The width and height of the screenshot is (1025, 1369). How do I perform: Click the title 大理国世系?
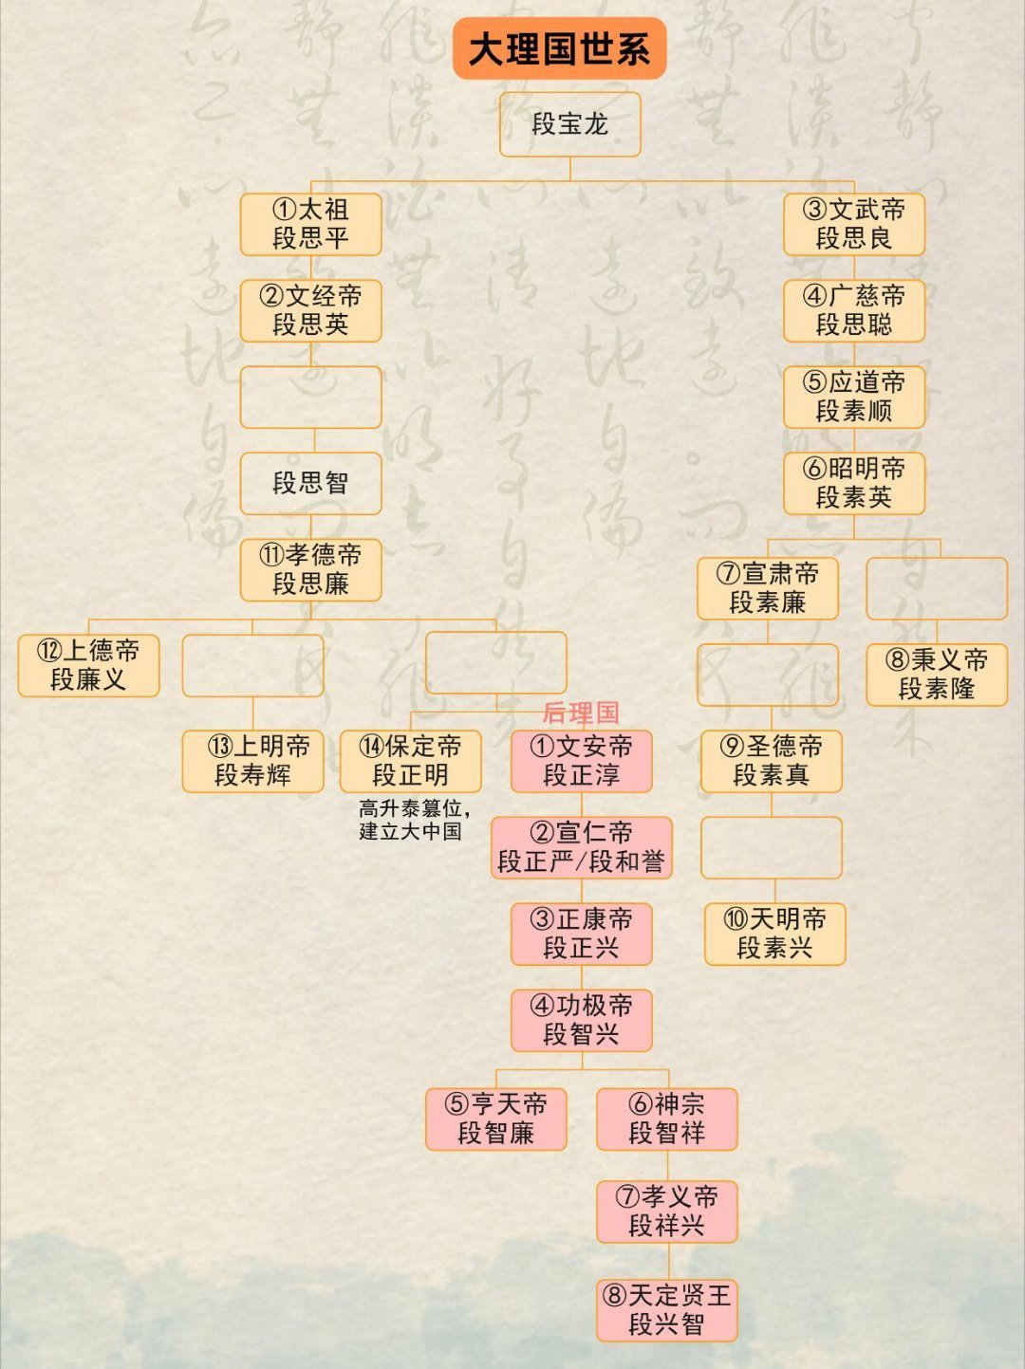click(x=559, y=48)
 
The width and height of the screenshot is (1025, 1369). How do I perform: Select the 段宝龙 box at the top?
click(x=569, y=124)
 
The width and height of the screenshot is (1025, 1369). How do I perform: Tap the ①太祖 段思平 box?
click(x=310, y=224)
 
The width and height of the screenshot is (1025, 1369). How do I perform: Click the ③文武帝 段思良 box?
click(x=853, y=224)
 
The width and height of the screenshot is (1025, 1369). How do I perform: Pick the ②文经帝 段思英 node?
click(x=310, y=310)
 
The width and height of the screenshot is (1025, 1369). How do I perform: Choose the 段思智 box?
click(x=310, y=483)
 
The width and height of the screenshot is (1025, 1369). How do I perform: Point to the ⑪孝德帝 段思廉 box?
click(x=310, y=569)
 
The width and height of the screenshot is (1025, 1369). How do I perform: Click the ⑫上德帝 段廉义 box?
click(x=88, y=665)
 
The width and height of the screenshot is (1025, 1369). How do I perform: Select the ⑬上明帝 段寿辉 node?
click(x=252, y=761)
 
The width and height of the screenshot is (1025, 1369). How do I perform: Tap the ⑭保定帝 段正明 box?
click(x=410, y=761)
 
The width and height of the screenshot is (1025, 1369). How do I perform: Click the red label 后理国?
click(x=580, y=712)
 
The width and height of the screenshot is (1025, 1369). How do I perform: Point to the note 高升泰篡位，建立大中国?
click(x=414, y=820)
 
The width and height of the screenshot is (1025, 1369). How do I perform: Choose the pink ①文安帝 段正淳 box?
click(x=581, y=761)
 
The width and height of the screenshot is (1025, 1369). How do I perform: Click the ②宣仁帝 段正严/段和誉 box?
click(x=581, y=847)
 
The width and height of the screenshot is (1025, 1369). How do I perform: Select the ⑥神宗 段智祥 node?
click(x=666, y=1119)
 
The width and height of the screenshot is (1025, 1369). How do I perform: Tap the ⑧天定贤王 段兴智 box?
click(x=666, y=1310)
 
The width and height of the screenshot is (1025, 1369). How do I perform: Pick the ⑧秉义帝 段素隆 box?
click(x=936, y=675)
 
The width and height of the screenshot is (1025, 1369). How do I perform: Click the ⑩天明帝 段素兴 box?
click(x=774, y=934)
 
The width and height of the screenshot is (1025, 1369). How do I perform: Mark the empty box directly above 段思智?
click(x=310, y=398)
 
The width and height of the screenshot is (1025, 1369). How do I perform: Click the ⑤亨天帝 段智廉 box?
click(x=495, y=1119)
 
